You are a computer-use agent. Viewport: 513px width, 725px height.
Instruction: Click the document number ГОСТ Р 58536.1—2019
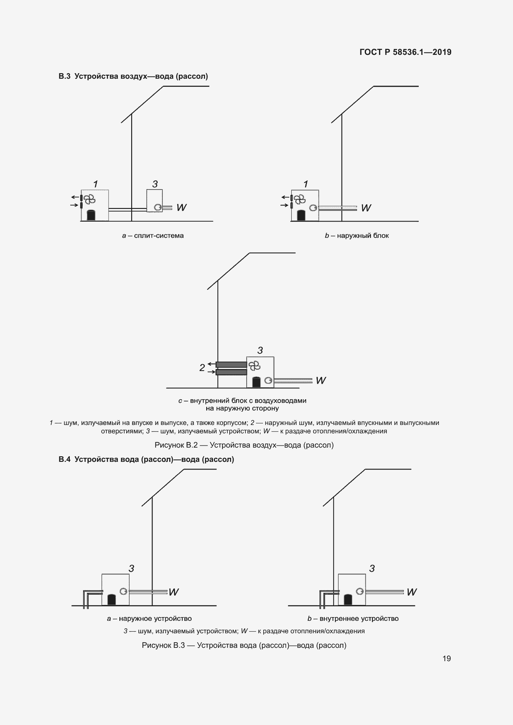tap(405, 52)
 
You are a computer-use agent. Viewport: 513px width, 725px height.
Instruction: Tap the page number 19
tap(446, 658)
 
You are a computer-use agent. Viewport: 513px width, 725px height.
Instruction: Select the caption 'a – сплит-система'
tap(153, 236)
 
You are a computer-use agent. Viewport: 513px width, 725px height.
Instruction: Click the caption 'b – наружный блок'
tap(357, 236)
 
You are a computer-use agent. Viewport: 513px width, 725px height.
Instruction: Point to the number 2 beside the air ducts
tap(202, 368)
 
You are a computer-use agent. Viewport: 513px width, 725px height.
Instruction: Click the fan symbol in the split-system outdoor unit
tap(89, 199)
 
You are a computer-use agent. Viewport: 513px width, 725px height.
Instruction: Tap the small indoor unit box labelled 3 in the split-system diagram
tap(154, 201)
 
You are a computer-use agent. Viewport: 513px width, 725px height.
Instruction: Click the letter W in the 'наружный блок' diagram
tap(366, 208)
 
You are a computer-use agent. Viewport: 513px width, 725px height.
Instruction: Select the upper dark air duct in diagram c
tap(231, 365)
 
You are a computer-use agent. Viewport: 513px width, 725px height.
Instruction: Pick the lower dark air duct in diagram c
tap(231, 372)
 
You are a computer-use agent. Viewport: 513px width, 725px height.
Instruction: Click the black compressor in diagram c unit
tap(256, 382)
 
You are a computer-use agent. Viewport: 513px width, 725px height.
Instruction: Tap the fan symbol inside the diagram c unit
tap(254, 366)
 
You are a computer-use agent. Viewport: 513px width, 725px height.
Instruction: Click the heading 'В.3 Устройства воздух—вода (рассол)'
tap(133, 77)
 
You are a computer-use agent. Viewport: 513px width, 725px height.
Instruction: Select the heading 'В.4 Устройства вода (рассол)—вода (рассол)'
tap(146, 459)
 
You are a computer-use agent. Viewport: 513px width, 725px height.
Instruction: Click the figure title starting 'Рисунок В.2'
tap(244, 445)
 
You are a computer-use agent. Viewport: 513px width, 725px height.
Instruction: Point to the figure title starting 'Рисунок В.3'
tap(244, 645)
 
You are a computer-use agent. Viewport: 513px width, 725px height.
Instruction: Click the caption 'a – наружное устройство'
tap(149, 619)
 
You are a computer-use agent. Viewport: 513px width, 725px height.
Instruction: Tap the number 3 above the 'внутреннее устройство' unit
tap(372, 569)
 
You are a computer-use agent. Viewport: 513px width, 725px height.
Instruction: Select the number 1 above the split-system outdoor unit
tap(96, 184)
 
